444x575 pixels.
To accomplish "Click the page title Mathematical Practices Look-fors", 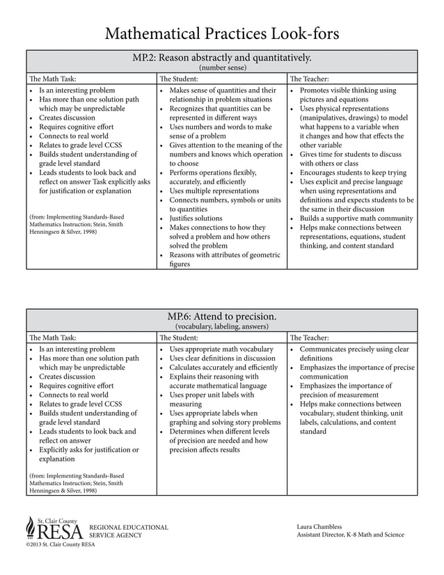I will pos(222,33).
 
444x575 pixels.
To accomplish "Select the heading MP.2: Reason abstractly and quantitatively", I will pos(222,58).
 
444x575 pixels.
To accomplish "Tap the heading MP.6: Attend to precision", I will pos(222,316).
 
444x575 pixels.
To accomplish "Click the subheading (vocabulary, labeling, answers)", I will pos(222,326).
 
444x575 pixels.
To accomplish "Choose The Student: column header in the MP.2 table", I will pos(180,79).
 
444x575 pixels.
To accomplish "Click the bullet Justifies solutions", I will pos(196,218).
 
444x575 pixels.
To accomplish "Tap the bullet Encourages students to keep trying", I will pos(353,173).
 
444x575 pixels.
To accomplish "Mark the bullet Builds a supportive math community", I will pos(356,218).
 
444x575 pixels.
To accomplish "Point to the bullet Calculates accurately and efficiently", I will pos(223,367).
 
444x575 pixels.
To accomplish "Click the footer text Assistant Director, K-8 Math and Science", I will pos(350,535).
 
